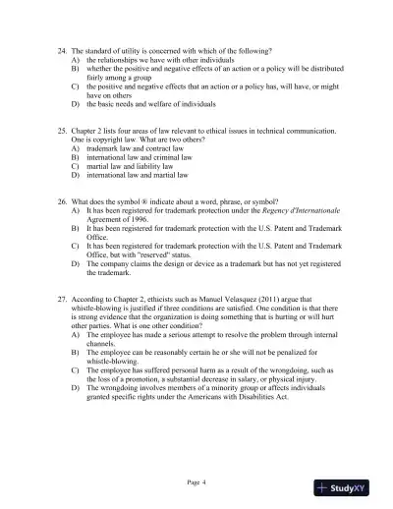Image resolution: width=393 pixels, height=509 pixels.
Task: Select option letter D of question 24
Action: (x=75, y=102)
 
